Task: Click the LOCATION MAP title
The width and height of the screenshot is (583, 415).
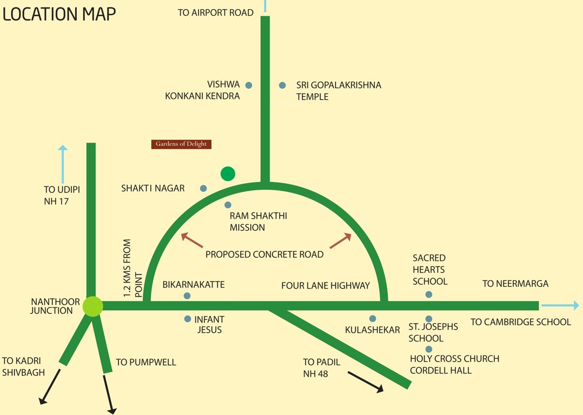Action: [x=59, y=14]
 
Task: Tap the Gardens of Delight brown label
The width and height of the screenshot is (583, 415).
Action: [x=181, y=144]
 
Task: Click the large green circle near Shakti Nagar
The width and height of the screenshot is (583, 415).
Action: [x=228, y=173]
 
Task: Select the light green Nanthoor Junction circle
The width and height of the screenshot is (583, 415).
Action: [x=92, y=306]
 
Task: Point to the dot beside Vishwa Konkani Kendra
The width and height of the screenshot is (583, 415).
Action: [x=249, y=85]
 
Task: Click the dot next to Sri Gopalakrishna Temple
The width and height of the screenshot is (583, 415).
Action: [x=282, y=85]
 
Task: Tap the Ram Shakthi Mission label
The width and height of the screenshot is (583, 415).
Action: [x=258, y=222]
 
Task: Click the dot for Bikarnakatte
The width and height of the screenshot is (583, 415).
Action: [x=187, y=296]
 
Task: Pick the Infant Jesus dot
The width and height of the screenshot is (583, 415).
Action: [x=188, y=319]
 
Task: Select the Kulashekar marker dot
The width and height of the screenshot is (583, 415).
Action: [x=373, y=319]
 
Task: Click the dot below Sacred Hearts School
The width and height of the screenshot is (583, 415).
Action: [x=429, y=294]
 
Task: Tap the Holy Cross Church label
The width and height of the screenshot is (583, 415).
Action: [x=454, y=359]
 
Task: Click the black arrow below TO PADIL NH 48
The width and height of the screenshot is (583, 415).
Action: [x=366, y=381]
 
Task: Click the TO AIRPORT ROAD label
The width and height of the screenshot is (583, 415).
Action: [x=216, y=12]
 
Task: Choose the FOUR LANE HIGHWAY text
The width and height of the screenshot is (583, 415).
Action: [x=326, y=285]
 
